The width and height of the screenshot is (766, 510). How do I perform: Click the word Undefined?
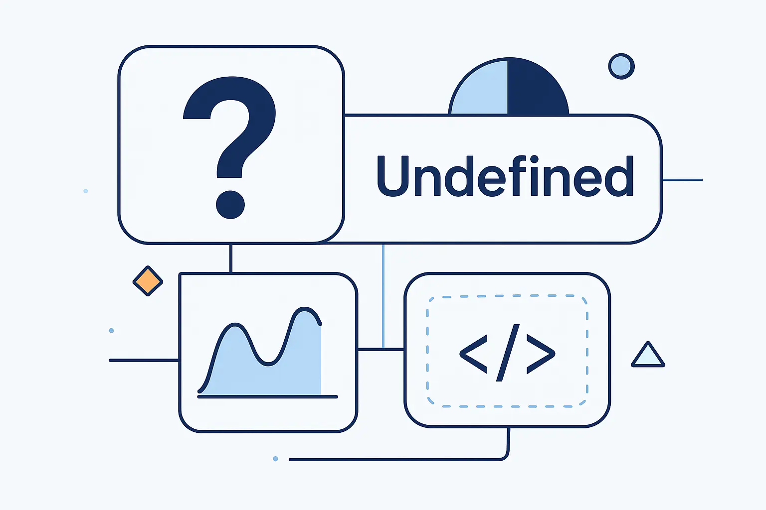pyautogui.click(x=505, y=176)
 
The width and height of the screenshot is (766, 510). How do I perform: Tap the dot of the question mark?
pyautogui.click(x=230, y=205)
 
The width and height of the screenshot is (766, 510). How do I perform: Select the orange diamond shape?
pyautogui.click(x=148, y=281)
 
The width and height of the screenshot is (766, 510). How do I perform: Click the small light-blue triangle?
pyautogui.click(x=648, y=356)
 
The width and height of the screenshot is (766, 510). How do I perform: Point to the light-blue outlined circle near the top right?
pyautogui.click(x=621, y=66)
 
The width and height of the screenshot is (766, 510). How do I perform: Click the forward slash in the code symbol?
pyautogui.click(x=508, y=353)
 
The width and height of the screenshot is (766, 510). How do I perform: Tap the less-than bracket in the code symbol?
pyautogui.click(x=474, y=354)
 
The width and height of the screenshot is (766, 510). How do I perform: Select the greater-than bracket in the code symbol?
pyautogui.click(x=541, y=354)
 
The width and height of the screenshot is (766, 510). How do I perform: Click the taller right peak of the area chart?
pyautogui.click(x=304, y=308)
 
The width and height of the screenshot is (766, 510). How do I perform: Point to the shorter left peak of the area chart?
pyautogui.click(x=234, y=324)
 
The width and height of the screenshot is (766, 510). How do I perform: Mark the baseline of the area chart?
pyautogui.click(x=268, y=396)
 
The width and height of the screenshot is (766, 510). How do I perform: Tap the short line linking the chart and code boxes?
pyautogui.click(x=381, y=349)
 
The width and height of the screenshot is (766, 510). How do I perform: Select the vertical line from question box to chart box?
pyautogui.click(x=231, y=258)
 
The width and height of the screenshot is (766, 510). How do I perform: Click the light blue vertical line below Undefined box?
pyautogui.click(x=383, y=296)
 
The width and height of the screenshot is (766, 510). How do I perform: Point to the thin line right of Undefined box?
pyautogui.click(x=683, y=180)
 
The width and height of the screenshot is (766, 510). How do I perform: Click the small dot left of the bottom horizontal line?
pyautogui.click(x=276, y=459)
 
